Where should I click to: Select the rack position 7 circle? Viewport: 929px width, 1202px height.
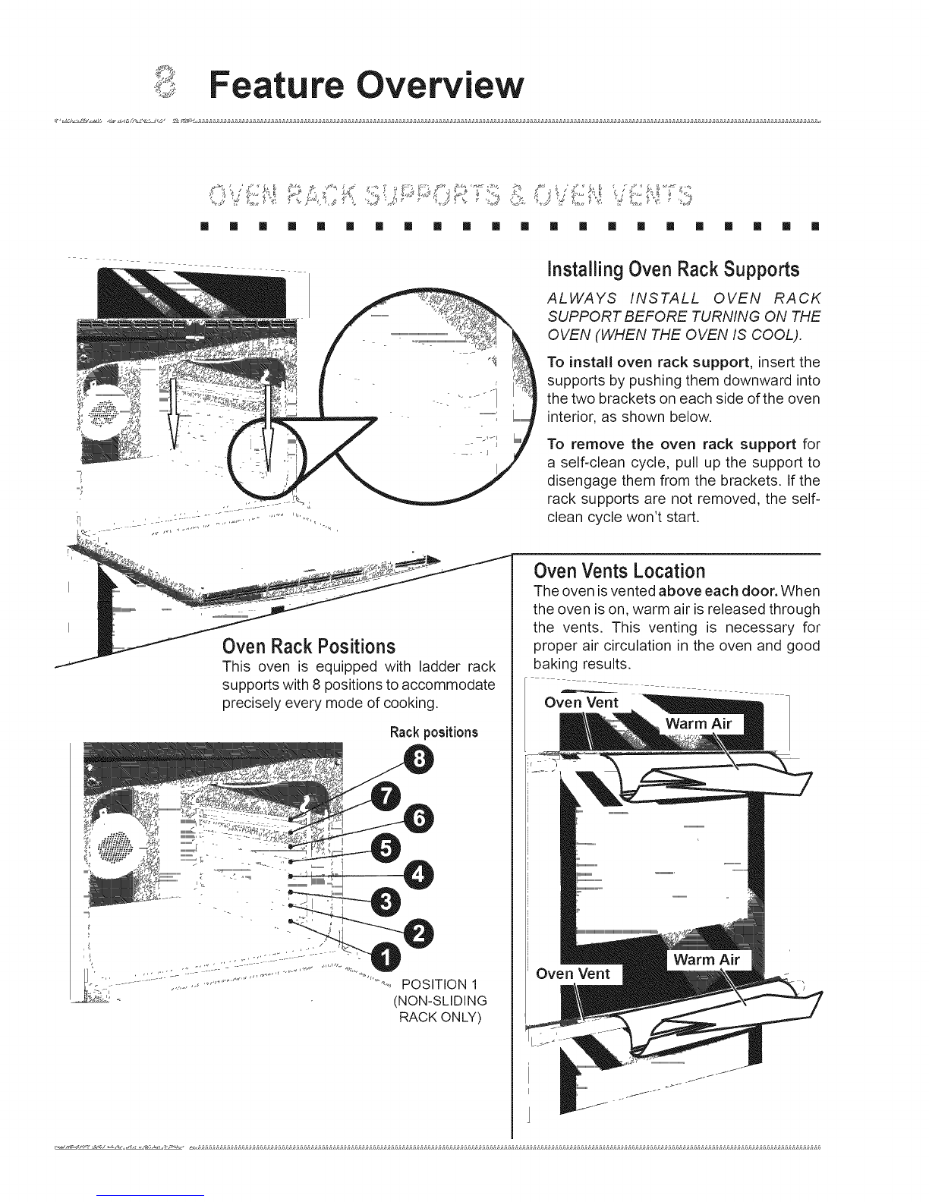pyautogui.click(x=388, y=797)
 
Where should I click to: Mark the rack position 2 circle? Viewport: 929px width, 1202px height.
pyautogui.click(x=418, y=932)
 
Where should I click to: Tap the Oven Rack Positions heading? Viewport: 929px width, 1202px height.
pyautogui.click(x=309, y=647)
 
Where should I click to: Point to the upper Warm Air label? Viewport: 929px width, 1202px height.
pyautogui.click(x=698, y=723)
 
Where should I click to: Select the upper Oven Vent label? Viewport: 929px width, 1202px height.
pyautogui.click(x=582, y=703)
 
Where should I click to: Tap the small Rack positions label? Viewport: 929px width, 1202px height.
pyautogui.click(x=433, y=732)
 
